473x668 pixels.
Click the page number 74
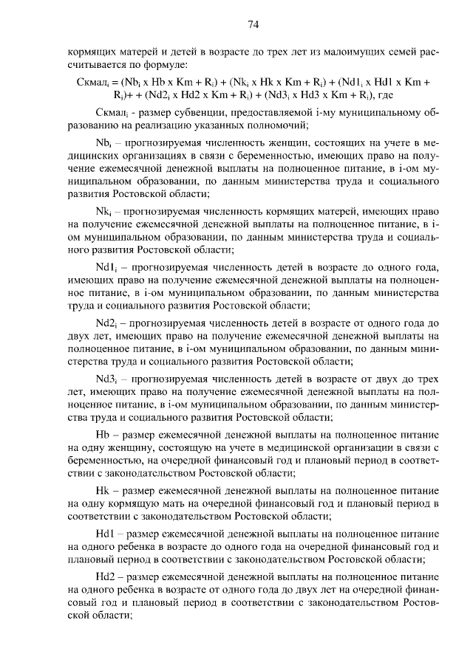click(252, 24)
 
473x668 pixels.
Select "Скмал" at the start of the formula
click(92, 81)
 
